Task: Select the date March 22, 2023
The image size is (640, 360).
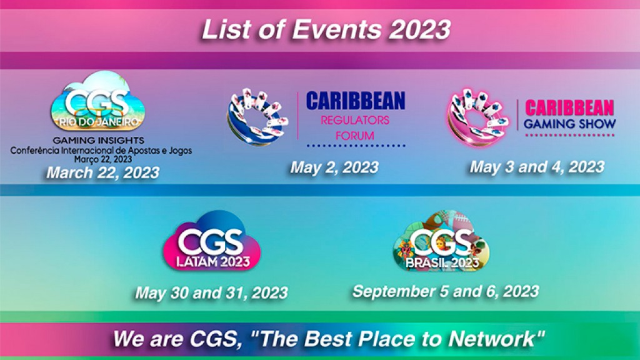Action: pyautogui.click(x=102, y=172)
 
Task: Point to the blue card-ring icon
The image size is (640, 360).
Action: pyautogui.click(x=257, y=118)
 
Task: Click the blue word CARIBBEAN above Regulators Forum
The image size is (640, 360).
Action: pyautogui.click(x=355, y=101)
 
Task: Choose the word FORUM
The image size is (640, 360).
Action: pyautogui.click(x=354, y=135)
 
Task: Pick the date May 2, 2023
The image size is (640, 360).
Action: pyautogui.click(x=334, y=167)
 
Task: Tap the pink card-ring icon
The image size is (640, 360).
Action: pyautogui.click(x=477, y=116)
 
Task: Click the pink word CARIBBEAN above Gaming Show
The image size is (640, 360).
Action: pyautogui.click(x=569, y=107)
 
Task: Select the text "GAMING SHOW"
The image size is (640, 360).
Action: pyautogui.click(x=569, y=124)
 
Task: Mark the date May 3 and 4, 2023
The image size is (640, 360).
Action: pyautogui.click(x=537, y=166)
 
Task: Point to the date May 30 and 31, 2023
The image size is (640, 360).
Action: pyautogui.click(x=211, y=292)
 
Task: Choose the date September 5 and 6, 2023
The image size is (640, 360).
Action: pyautogui.click(x=445, y=291)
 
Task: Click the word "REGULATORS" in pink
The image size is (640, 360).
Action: pyautogui.click(x=354, y=119)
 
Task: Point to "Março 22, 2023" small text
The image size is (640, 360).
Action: pyautogui.click(x=101, y=159)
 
